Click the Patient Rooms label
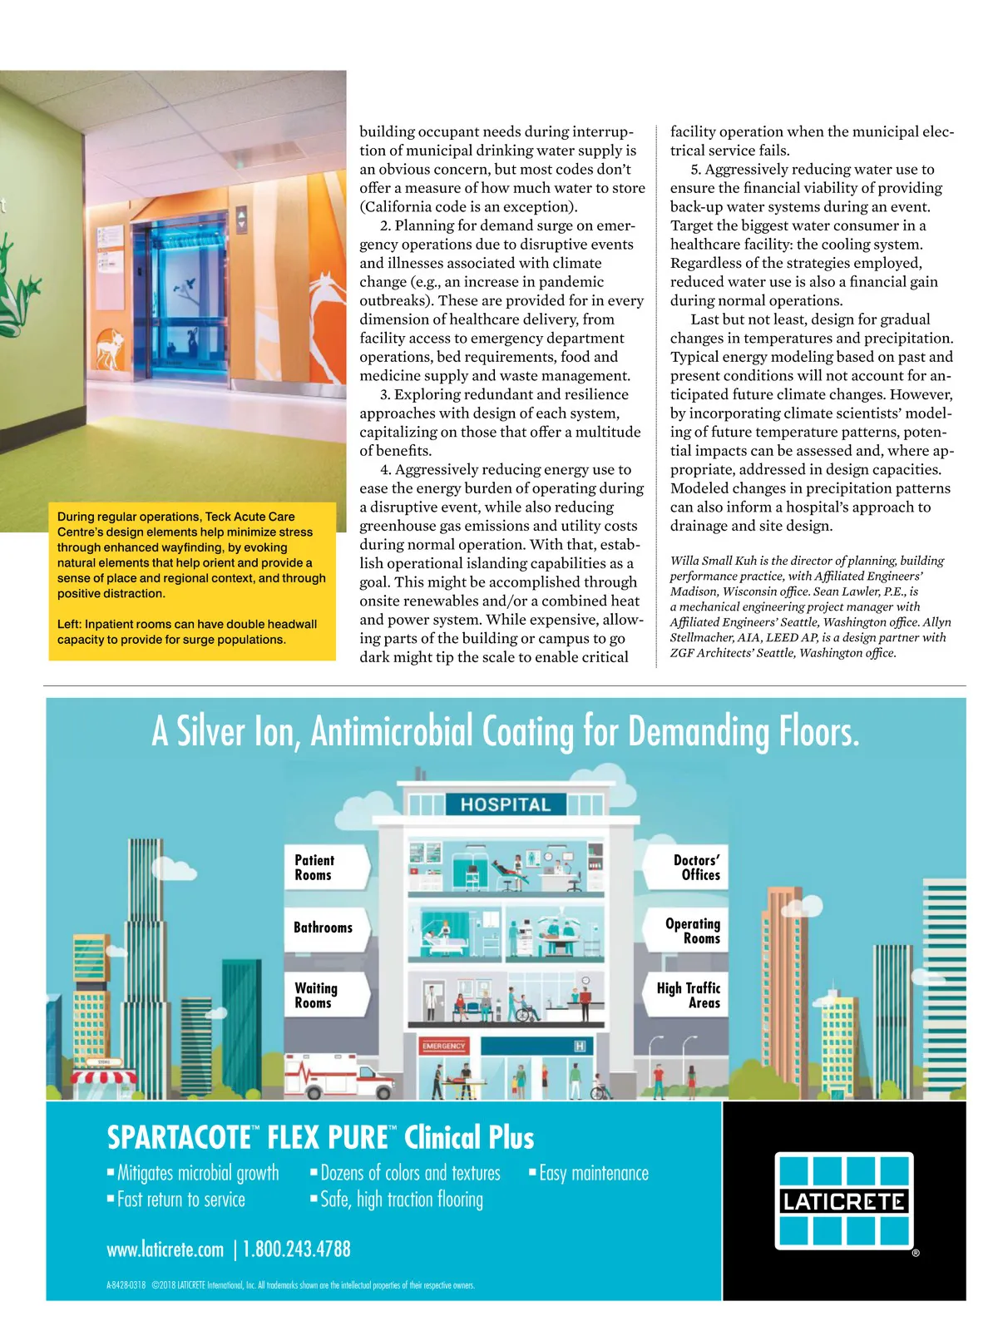click(x=314, y=868)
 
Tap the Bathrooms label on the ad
click(x=323, y=928)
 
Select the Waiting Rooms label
click(x=316, y=996)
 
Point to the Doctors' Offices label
click(x=696, y=868)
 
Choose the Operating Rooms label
click(x=693, y=931)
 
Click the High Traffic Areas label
click(x=689, y=995)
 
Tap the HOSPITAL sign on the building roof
click(x=506, y=804)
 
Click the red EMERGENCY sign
click(x=444, y=1046)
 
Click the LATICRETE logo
click(x=844, y=1200)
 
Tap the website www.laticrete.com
click(x=166, y=1249)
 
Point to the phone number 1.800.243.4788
click(x=297, y=1249)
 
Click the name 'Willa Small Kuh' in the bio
click(x=713, y=561)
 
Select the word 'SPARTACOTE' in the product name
click(x=179, y=1137)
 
